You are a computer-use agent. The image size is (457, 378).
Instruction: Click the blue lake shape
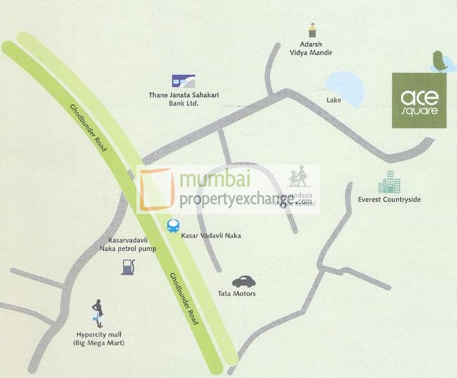pyautogui.click(x=344, y=88)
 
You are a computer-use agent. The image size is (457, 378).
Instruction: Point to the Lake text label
pyautogui.click(x=333, y=101)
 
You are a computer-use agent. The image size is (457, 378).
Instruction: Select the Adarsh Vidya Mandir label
pyautogui.click(x=312, y=48)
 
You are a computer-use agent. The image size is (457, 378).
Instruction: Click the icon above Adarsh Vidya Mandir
pyautogui.click(x=312, y=30)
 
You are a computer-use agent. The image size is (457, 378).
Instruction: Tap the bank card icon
pyautogui.click(x=180, y=82)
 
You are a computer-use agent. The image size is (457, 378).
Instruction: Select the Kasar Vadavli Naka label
pyautogui.click(x=211, y=236)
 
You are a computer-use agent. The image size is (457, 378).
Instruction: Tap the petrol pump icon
pyautogui.click(x=128, y=266)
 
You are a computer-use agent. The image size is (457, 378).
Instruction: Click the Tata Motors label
pyautogui.click(x=236, y=294)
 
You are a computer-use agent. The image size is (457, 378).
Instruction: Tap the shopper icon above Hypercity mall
pyautogui.click(x=99, y=314)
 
